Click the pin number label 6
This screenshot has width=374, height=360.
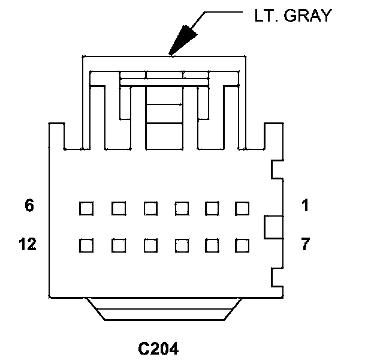[x=29, y=205]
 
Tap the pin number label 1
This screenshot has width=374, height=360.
[x=305, y=205]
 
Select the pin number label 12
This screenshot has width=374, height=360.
[x=28, y=245]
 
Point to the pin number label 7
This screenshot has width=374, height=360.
[x=305, y=245]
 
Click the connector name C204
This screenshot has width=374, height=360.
[x=158, y=348]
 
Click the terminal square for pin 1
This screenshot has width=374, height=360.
[x=242, y=208]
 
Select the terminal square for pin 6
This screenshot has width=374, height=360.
[x=86, y=208]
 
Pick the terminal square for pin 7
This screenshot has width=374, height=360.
[x=242, y=245]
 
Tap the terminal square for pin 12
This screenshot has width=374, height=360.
[x=86, y=245]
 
